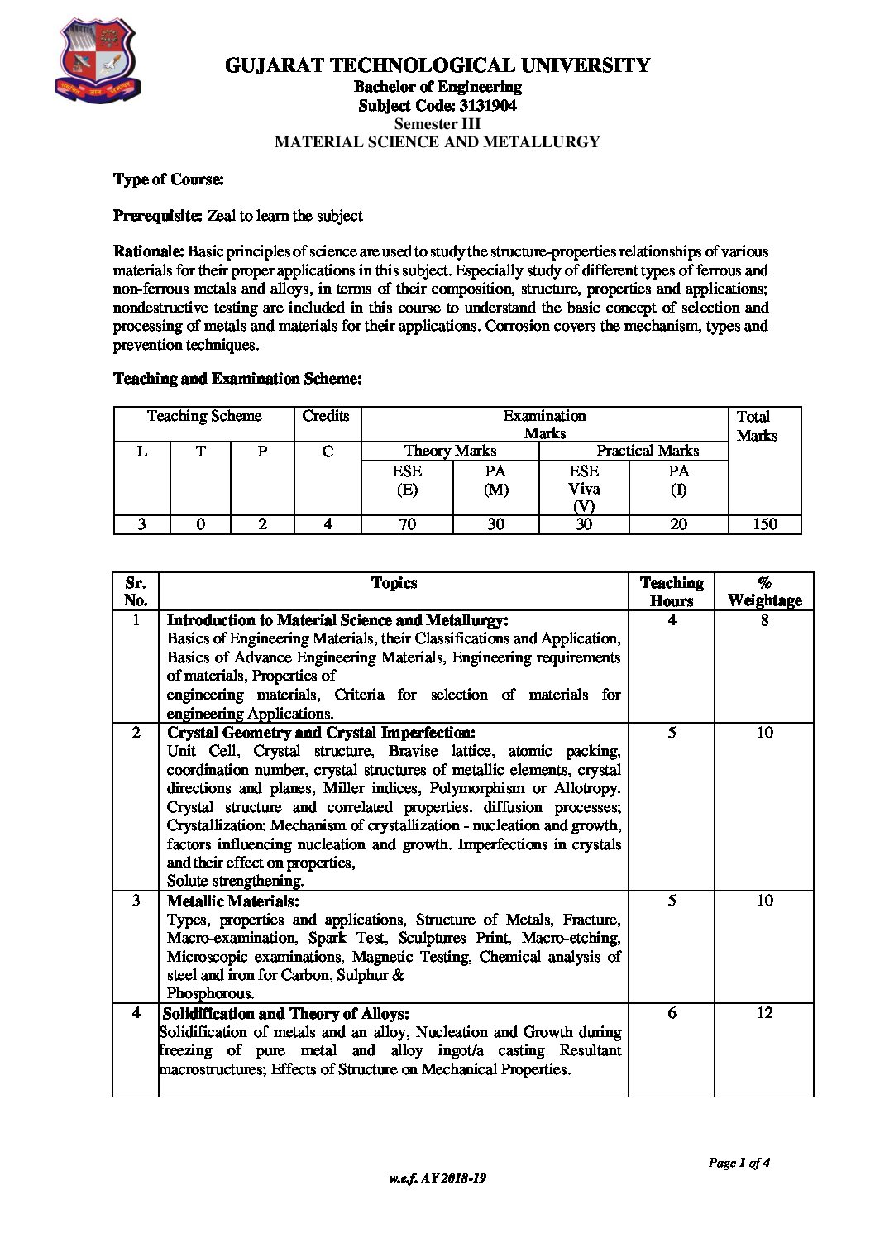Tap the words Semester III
(x=437, y=123)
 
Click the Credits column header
(x=326, y=416)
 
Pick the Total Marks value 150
(x=765, y=523)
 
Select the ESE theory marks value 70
(x=407, y=523)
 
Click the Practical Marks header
(x=648, y=451)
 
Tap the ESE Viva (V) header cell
(x=584, y=488)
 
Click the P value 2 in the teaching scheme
(x=262, y=523)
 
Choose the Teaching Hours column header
(x=672, y=591)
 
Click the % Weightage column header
(x=764, y=591)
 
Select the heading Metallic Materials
(x=233, y=901)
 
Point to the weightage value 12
(x=764, y=1013)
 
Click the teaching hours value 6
(x=672, y=1013)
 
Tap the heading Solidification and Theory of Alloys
(x=286, y=1014)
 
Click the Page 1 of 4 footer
(x=739, y=1163)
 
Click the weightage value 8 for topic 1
(x=764, y=620)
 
